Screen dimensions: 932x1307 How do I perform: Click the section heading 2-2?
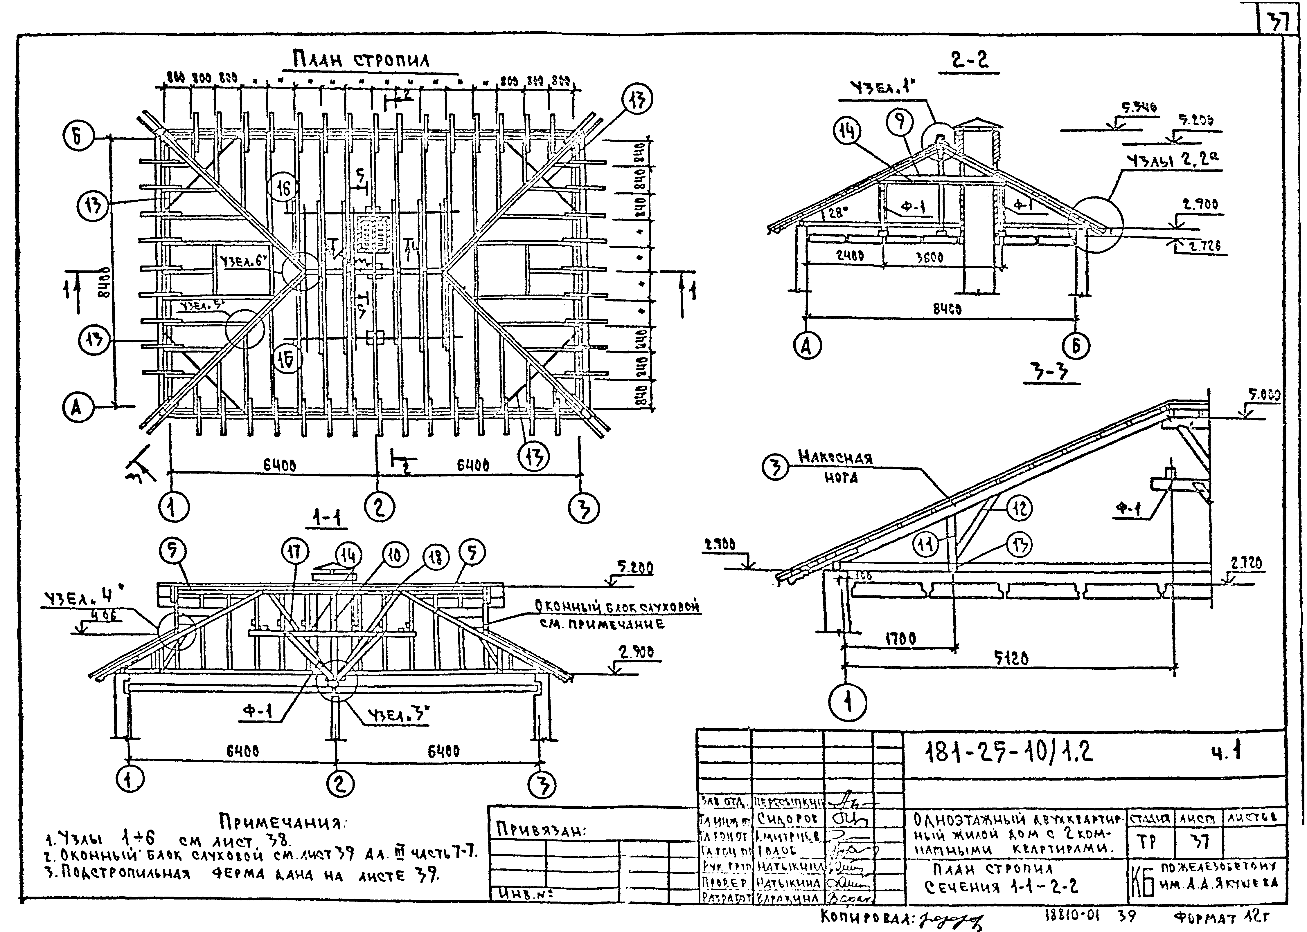[x=969, y=60]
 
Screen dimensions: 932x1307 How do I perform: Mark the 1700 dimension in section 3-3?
[x=900, y=638]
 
